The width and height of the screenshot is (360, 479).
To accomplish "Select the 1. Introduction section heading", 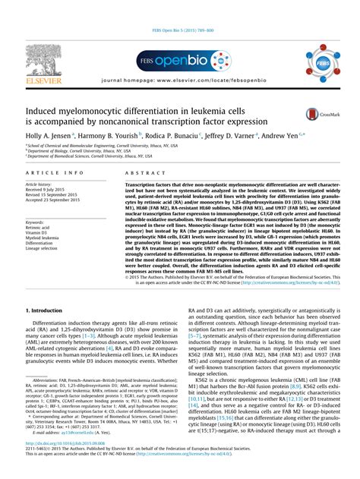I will pos(47,311).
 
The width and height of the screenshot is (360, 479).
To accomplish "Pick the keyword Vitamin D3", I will pos(37,232).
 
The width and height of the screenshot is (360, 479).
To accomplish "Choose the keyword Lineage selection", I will pos(42,248).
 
